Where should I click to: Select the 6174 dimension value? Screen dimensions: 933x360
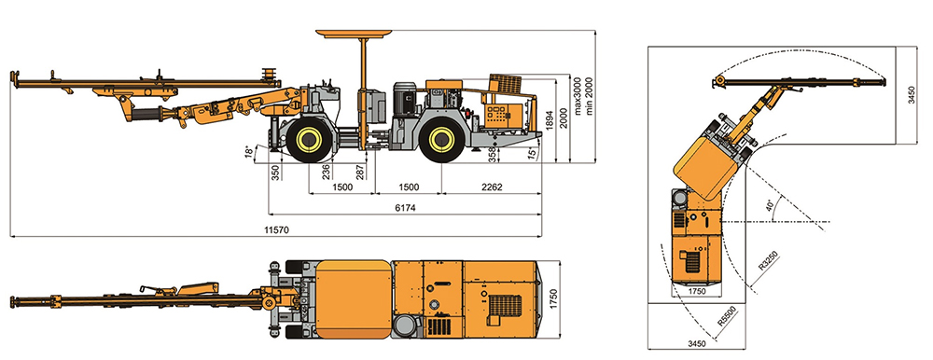coord(404,208)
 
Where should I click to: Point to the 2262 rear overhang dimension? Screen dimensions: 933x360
coord(492,187)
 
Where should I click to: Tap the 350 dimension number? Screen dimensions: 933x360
coord(275,173)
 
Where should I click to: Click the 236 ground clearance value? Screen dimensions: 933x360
coord(326,172)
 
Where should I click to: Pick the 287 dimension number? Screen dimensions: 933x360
coord(359,173)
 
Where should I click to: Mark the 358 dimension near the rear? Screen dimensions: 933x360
coord(492,154)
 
